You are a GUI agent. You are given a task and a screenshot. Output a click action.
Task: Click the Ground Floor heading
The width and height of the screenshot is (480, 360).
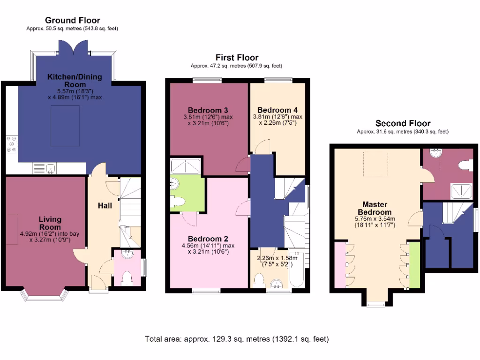coord(72,20)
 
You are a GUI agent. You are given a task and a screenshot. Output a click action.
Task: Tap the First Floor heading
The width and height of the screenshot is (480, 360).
coord(236,58)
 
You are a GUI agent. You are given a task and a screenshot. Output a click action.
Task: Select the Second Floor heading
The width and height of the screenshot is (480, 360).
coord(403,124)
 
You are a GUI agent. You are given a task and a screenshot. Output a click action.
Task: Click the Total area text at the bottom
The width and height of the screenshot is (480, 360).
coord(237,338)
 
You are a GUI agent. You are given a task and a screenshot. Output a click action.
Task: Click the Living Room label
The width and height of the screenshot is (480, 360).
coord(50,223)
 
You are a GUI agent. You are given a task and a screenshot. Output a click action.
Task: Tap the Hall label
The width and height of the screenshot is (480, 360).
coord(105,205)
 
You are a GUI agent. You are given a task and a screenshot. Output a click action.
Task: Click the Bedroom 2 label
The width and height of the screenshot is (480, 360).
coord(207,237)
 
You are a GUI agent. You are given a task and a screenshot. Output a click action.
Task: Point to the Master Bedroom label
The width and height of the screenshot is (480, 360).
coord(376,208)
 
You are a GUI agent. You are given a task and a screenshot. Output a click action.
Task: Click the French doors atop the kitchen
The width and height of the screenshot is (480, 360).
coord(73,48)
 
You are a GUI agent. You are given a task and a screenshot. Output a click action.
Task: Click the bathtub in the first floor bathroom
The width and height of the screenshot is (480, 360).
coord(298,270)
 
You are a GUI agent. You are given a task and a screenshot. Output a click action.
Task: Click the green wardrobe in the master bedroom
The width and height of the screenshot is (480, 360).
coord(414,266)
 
